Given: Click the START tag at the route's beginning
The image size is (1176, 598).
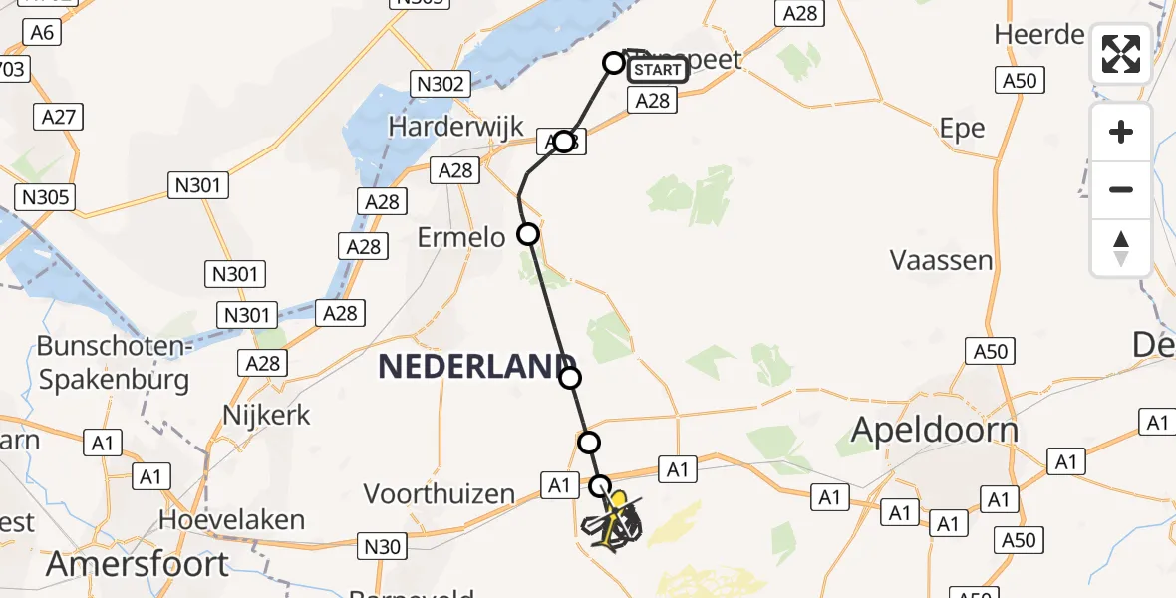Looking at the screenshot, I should point(658,69).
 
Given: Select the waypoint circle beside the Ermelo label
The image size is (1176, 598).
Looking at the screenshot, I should point(528,234).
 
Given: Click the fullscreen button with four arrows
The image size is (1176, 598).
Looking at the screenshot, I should point(1121,54).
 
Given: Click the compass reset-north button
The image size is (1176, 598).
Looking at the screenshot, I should point(1121,247).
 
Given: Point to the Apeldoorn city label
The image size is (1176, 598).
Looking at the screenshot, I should point(935,429).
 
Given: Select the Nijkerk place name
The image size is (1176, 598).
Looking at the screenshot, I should point(267,414).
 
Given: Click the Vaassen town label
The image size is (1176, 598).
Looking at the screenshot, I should point(942,261).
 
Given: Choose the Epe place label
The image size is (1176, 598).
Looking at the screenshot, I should point(962,128).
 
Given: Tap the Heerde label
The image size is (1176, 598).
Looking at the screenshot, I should point(1038,35).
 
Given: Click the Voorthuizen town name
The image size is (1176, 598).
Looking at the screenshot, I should point(440,493).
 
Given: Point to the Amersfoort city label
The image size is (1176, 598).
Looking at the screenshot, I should point(138,564).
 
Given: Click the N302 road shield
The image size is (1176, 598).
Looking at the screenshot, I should point(441,84).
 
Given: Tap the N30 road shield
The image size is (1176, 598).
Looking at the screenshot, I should point(383,545).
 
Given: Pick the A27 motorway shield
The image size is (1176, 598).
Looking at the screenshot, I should point(59,117).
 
